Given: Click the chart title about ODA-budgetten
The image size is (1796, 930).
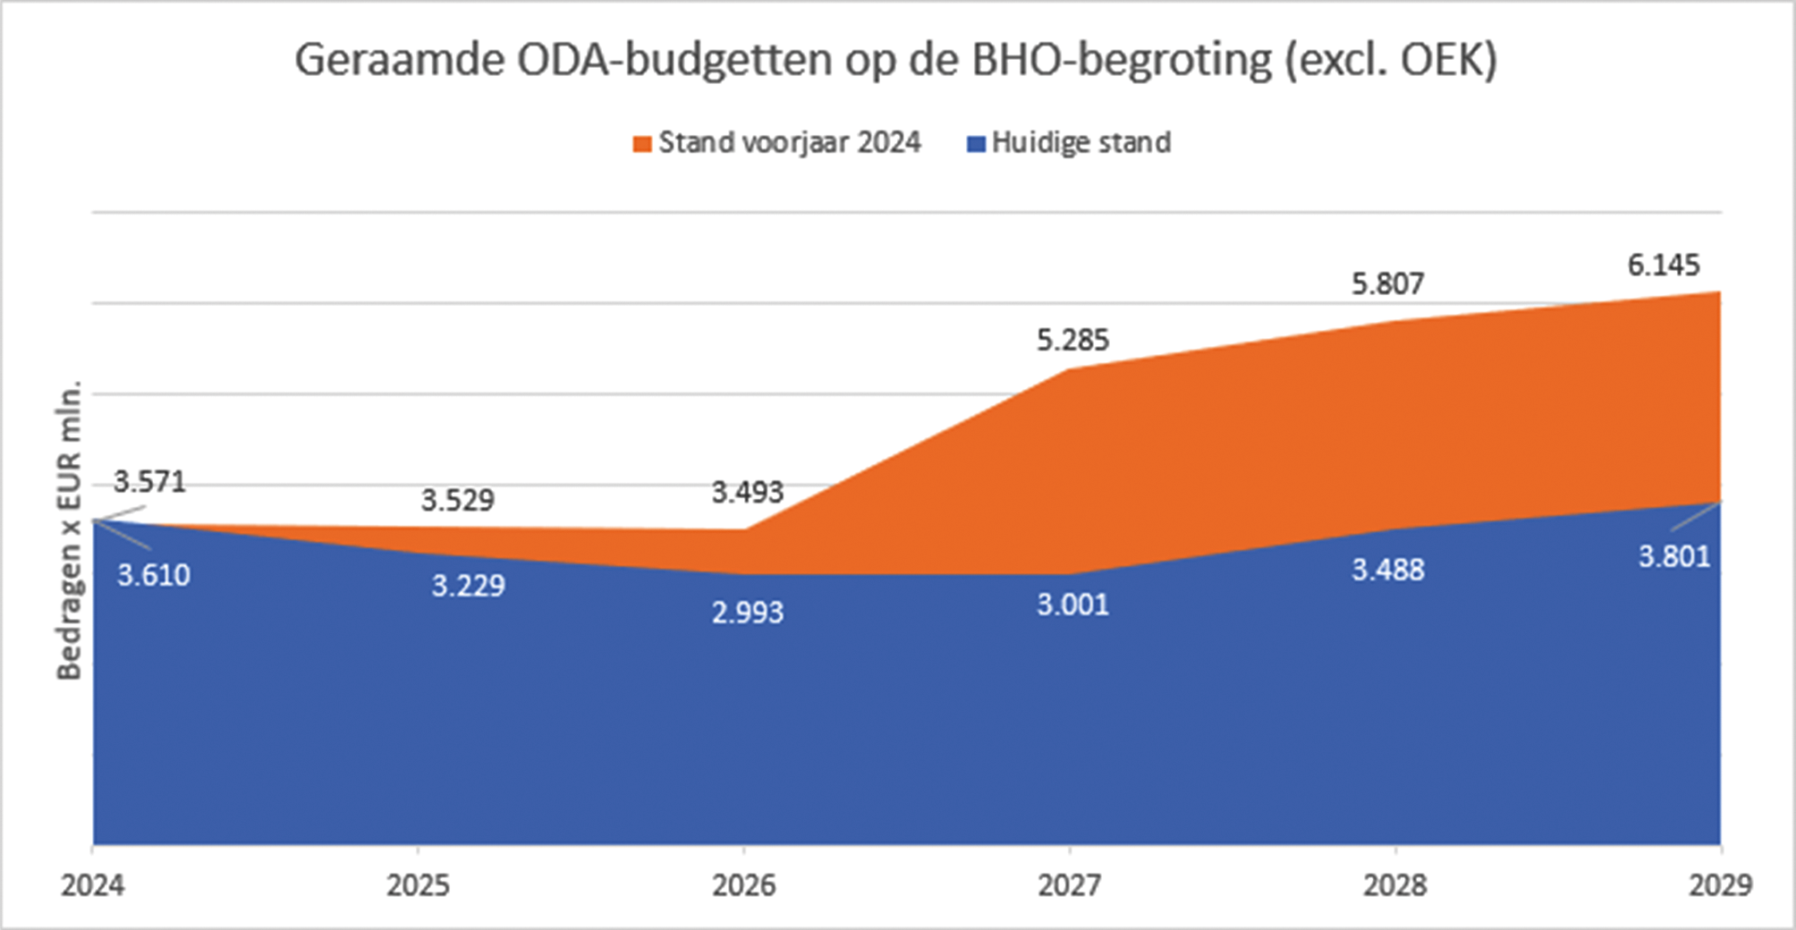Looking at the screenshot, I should pyautogui.click(x=896, y=61).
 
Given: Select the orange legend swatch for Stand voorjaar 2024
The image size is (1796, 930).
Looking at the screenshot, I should pyautogui.click(x=642, y=144).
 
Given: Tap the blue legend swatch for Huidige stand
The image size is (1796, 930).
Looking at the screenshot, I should pyautogui.click(x=977, y=144).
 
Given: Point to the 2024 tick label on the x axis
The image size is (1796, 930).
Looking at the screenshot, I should pyautogui.click(x=93, y=885).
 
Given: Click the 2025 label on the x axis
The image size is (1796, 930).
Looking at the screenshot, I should pyautogui.click(x=419, y=885).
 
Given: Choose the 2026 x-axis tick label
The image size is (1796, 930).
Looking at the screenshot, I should pyautogui.click(x=744, y=885).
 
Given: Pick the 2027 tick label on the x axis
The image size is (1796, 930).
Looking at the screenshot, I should pyautogui.click(x=1070, y=885).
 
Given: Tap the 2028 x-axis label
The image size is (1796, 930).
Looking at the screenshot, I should pyautogui.click(x=1395, y=885).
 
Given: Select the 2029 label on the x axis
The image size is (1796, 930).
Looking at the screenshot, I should pyautogui.click(x=1720, y=885).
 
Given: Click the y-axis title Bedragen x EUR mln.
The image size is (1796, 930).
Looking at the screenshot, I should pyautogui.click(x=70, y=529).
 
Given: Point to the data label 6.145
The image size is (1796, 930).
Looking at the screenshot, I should pyautogui.click(x=1664, y=266).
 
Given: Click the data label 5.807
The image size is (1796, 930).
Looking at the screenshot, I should pyautogui.click(x=1387, y=284).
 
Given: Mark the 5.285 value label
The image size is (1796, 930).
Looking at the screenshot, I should pyautogui.click(x=1072, y=341).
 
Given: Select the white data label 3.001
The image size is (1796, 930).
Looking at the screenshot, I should pyautogui.click(x=1072, y=605).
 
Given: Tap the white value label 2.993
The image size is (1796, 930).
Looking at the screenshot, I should pyautogui.click(x=748, y=613).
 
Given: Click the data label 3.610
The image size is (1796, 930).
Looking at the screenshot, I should pyautogui.click(x=154, y=575).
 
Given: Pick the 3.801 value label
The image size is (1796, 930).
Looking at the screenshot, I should pyautogui.click(x=1674, y=557).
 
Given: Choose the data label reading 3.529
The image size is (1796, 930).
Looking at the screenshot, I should pyautogui.click(x=458, y=501).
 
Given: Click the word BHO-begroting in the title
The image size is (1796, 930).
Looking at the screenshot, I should pyautogui.click(x=1122, y=61).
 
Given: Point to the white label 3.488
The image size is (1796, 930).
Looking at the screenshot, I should pyautogui.click(x=1388, y=571).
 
